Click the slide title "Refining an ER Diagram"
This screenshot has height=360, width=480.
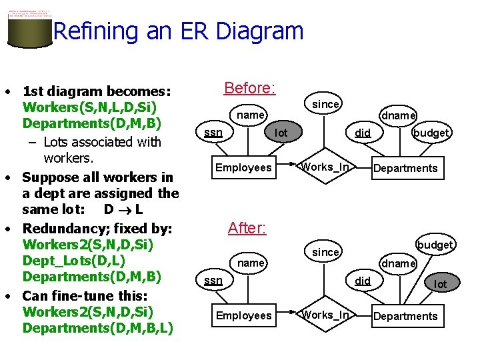(178, 31)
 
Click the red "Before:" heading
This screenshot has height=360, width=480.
(250, 88)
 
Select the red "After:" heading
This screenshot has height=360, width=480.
(247, 228)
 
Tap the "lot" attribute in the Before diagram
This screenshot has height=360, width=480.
(281, 133)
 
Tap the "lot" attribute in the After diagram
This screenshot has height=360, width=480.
(441, 284)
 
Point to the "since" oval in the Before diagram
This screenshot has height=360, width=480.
(326, 104)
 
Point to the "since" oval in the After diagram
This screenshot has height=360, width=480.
(326, 252)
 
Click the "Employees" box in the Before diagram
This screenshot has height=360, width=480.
(243, 168)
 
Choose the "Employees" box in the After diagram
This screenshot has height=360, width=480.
(243, 315)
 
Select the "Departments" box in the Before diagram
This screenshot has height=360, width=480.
(405, 168)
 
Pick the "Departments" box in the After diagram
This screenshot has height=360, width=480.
(405, 316)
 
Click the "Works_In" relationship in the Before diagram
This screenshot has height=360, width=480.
(325, 167)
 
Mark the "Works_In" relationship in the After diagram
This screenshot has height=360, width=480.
(325, 315)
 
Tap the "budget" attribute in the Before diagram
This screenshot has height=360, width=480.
(431, 133)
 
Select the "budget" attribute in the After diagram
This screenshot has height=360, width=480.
(435, 245)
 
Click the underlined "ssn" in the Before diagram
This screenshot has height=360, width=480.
(213, 133)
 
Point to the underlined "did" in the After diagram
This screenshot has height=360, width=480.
(363, 281)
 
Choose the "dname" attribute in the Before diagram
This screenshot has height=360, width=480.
(399, 116)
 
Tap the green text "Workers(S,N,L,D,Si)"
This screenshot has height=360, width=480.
(89, 107)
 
